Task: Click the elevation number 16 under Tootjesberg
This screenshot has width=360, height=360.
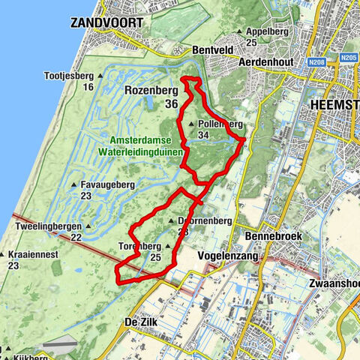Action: click(88, 87)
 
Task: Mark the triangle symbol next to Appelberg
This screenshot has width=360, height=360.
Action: click(238, 32)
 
